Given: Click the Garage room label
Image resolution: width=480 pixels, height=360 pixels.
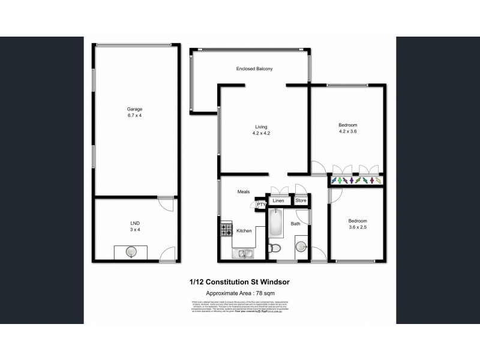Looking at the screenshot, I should point(134,109).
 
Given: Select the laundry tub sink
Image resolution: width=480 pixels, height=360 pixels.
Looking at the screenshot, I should point(130,252).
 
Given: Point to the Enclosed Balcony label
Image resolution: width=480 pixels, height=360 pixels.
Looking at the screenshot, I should point(254,69).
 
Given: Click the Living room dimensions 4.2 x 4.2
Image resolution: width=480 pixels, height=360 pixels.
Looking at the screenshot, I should point(261,134).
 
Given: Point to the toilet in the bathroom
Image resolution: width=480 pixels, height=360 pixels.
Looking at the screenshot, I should point(274,248).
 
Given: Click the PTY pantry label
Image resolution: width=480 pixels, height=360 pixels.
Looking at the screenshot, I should point(261,205).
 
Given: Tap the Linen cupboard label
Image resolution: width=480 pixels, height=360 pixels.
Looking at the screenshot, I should point(279,200).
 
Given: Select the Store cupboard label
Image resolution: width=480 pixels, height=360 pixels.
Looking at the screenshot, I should point(301,200).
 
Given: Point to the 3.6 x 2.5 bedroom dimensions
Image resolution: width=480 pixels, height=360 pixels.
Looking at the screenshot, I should point(357,227).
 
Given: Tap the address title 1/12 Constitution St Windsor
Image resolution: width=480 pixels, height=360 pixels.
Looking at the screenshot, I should point(239,281).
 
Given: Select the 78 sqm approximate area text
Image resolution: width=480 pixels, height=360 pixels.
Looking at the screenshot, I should point(240,291).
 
